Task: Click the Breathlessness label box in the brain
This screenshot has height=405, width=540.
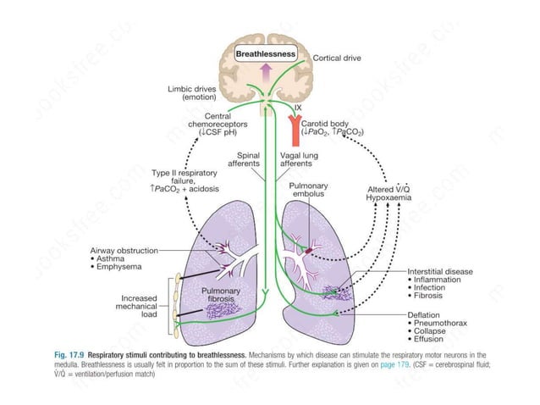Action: tap(266, 53)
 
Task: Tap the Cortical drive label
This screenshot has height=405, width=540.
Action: tap(339, 58)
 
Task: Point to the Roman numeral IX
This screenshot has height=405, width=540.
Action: tap(297, 109)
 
